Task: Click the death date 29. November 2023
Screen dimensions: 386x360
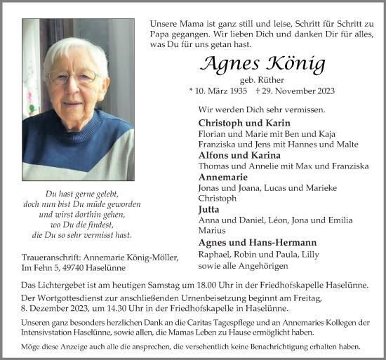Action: (x=295, y=91)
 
